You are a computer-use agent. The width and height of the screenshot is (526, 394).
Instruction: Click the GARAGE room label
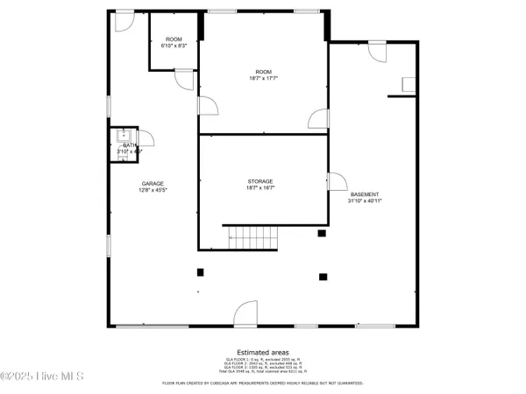coord(153,183)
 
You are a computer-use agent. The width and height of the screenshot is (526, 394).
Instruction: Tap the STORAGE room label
coord(259,181)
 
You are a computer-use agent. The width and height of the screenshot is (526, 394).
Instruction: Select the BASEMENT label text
coord(365,194)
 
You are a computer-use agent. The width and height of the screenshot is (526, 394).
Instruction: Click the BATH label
coord(129,145)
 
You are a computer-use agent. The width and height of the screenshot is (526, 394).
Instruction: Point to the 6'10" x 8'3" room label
coord(174,46)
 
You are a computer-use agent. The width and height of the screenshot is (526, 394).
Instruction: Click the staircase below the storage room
coord(252,235)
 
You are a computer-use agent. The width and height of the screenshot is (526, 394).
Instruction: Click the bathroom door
coord(146,138)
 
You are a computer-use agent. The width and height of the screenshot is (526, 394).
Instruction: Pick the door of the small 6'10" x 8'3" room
coord(184,80)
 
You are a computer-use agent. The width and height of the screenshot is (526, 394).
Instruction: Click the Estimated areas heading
coord(263,352)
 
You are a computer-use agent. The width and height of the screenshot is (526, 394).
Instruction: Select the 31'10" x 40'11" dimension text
coord(365,201)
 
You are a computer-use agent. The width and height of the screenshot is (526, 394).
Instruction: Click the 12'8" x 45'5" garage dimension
coord(153,190)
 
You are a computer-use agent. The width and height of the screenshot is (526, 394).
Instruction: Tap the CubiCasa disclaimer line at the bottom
coord(263,383)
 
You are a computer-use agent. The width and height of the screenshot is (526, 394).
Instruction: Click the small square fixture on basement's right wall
coord(408,84)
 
